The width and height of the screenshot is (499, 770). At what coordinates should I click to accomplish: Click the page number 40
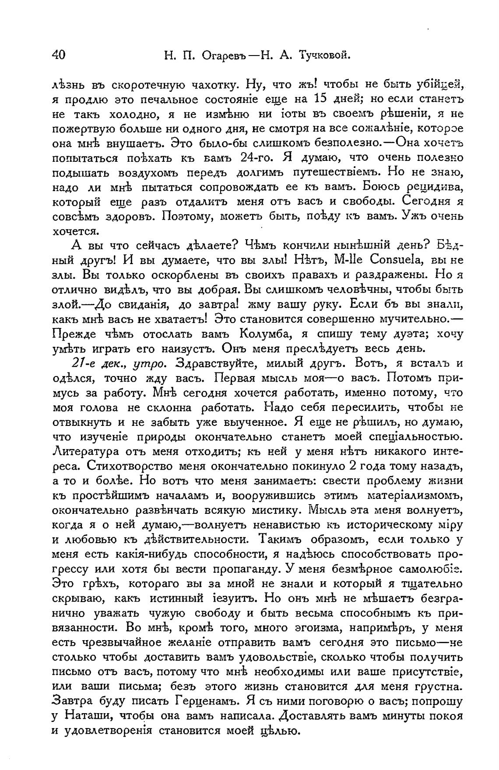[59, 55]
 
